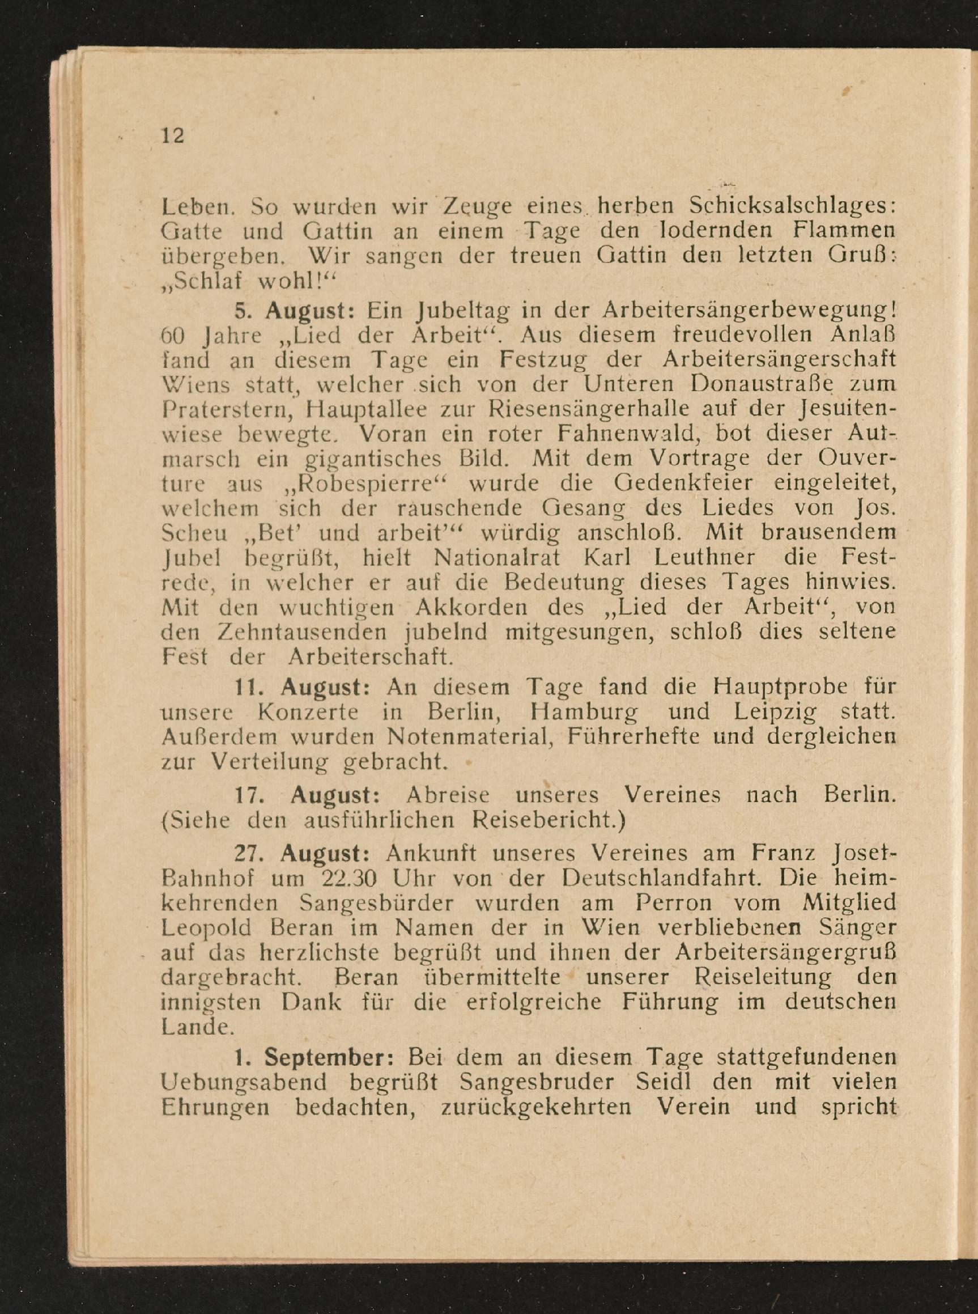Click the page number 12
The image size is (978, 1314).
tap(173, 135)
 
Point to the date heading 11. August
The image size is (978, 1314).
tap(303, 687)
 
